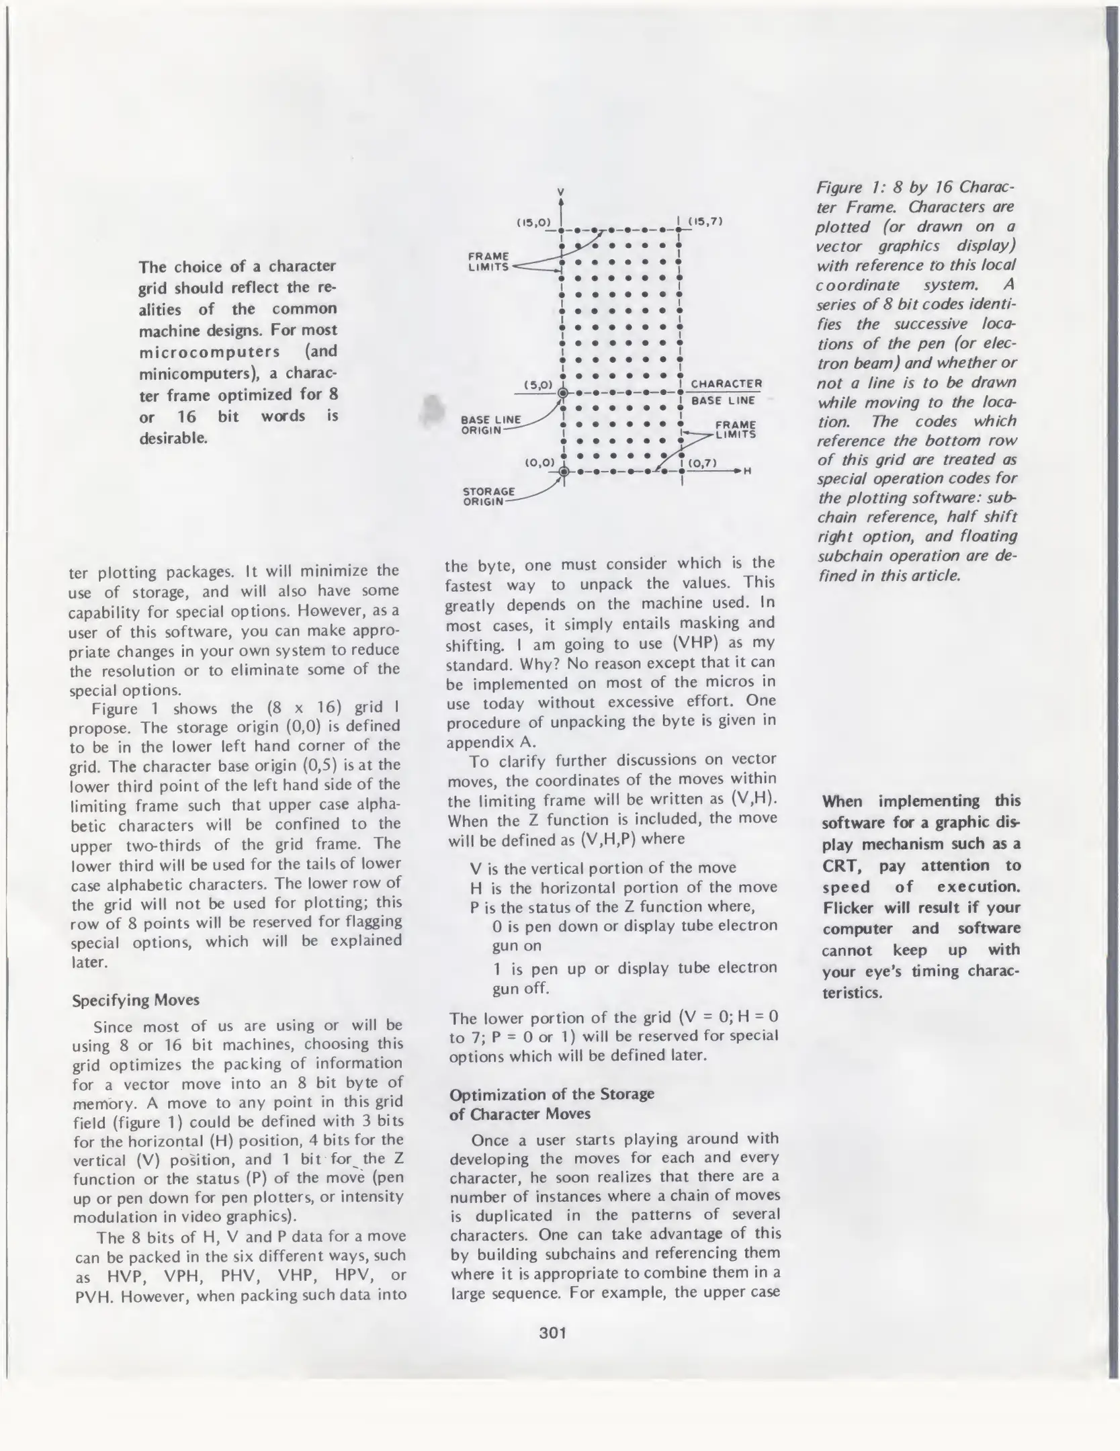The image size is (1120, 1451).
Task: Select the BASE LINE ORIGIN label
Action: point(490,425)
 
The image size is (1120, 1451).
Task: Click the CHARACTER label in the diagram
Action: point(726,384)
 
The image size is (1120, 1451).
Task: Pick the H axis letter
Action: point(747,471)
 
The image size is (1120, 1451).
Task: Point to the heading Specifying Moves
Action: point(136,1000)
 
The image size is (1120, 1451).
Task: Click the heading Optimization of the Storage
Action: point(552,1094)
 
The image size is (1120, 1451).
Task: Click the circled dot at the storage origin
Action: point(563,471)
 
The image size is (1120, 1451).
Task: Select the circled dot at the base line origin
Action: point(563,393)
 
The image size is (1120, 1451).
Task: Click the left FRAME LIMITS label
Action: point(488,261)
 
